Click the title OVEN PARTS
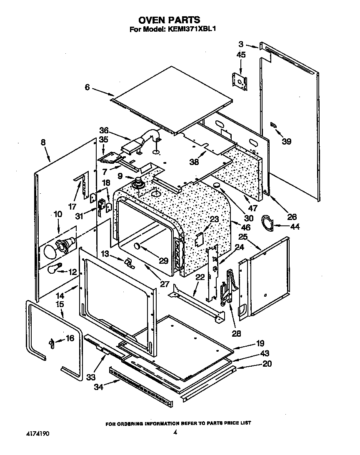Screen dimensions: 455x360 tap(169, 20)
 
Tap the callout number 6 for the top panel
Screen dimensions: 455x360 tap(87, 87)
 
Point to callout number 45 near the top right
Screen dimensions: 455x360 tap(241, 55)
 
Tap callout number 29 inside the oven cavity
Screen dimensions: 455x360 tap(163, 261)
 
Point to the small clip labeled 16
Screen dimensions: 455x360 tap(52, 343)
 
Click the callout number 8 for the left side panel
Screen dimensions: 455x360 tap(43, 142)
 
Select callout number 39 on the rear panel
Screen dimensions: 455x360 tap(286, 141)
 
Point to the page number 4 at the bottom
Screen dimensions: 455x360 tap(175, 433)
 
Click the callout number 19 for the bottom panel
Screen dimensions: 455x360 tap(260, 344)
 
